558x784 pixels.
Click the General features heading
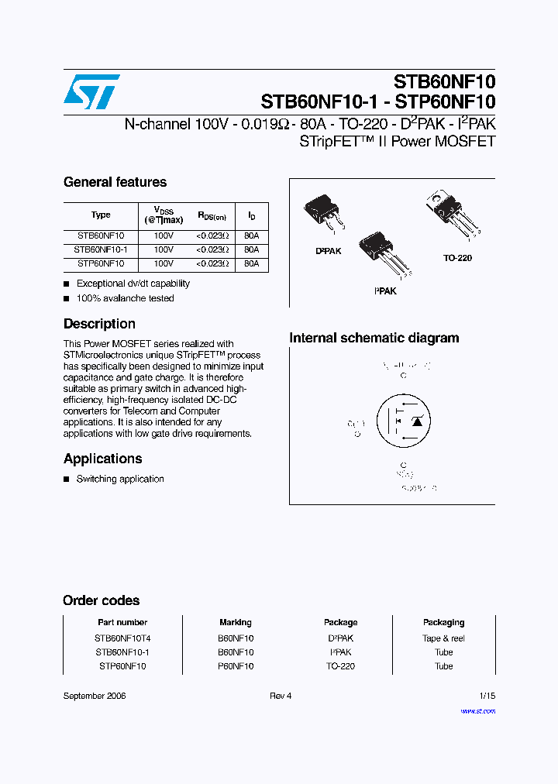(x=115, y=182)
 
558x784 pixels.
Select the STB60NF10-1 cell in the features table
(x=101, y=250)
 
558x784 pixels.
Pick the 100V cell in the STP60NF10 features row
(x=164, y=264)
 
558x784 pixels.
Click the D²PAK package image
(x=322, y=211)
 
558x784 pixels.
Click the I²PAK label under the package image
(x=385, y=291)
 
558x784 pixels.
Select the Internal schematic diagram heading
(x=374, y=338)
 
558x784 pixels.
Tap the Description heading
(x=99, y=324)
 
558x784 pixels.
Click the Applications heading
(x=102, y=459)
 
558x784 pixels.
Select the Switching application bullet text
(x=120, y=479)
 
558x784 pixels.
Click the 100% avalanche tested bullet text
(x=125, y=298)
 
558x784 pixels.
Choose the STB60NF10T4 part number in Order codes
(x=122, y=638)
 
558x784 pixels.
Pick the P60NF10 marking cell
(x=236, y=666)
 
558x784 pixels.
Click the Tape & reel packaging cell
(x=443, y=638)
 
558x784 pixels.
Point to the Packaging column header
(x=443, y=622)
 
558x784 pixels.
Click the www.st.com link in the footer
(x=477, y=710)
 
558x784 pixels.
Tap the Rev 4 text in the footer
(x=281, y=696)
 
